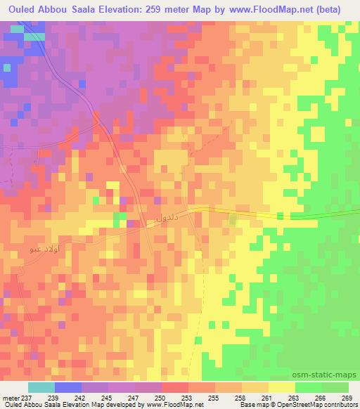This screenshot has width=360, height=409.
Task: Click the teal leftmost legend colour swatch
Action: point(41,387)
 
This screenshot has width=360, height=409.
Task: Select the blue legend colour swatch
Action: point(67,387)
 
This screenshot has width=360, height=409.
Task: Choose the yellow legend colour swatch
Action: point(282,387)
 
